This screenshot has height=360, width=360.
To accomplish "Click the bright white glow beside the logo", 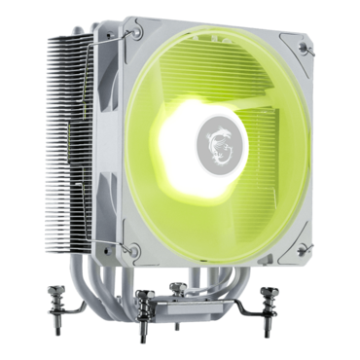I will (185, 146).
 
